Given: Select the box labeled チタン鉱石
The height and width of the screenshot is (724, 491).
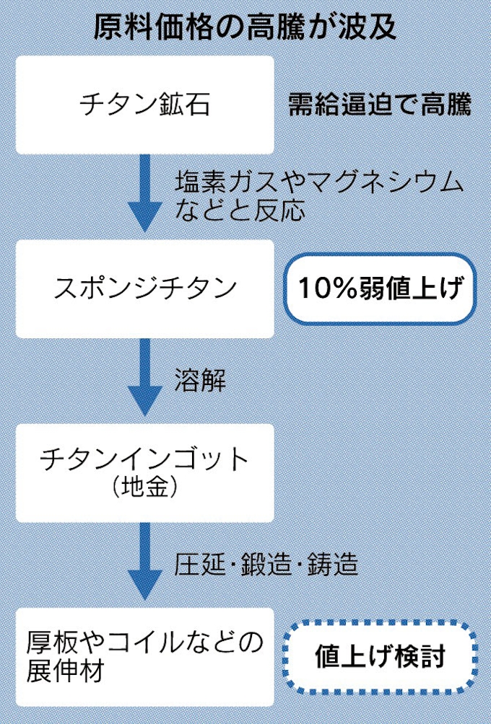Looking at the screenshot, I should (144, 105).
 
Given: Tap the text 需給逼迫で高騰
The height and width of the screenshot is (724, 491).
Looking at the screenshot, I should (380, 105).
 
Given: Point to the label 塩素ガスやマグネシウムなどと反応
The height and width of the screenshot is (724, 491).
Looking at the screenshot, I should (318, 196).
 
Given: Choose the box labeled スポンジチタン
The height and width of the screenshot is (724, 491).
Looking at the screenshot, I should (144, 288).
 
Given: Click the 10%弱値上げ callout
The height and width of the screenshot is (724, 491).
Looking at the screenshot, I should (380, 288).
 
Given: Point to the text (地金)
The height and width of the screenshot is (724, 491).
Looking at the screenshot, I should (144, 490).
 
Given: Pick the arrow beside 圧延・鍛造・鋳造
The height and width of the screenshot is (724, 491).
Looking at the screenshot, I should (144, 562).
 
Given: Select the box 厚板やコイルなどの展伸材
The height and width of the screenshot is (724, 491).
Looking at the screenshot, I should (144, 657).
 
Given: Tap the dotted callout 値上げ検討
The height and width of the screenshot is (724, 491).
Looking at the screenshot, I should (380, 657).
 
